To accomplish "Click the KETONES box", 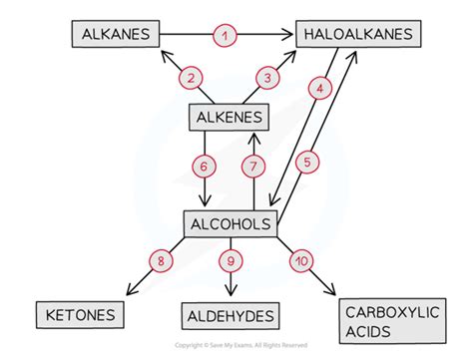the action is pos(82,316).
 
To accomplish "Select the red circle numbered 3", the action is pos(266,78).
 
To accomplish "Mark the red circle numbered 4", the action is pos(319,89).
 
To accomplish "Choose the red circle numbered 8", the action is pos(160,261).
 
